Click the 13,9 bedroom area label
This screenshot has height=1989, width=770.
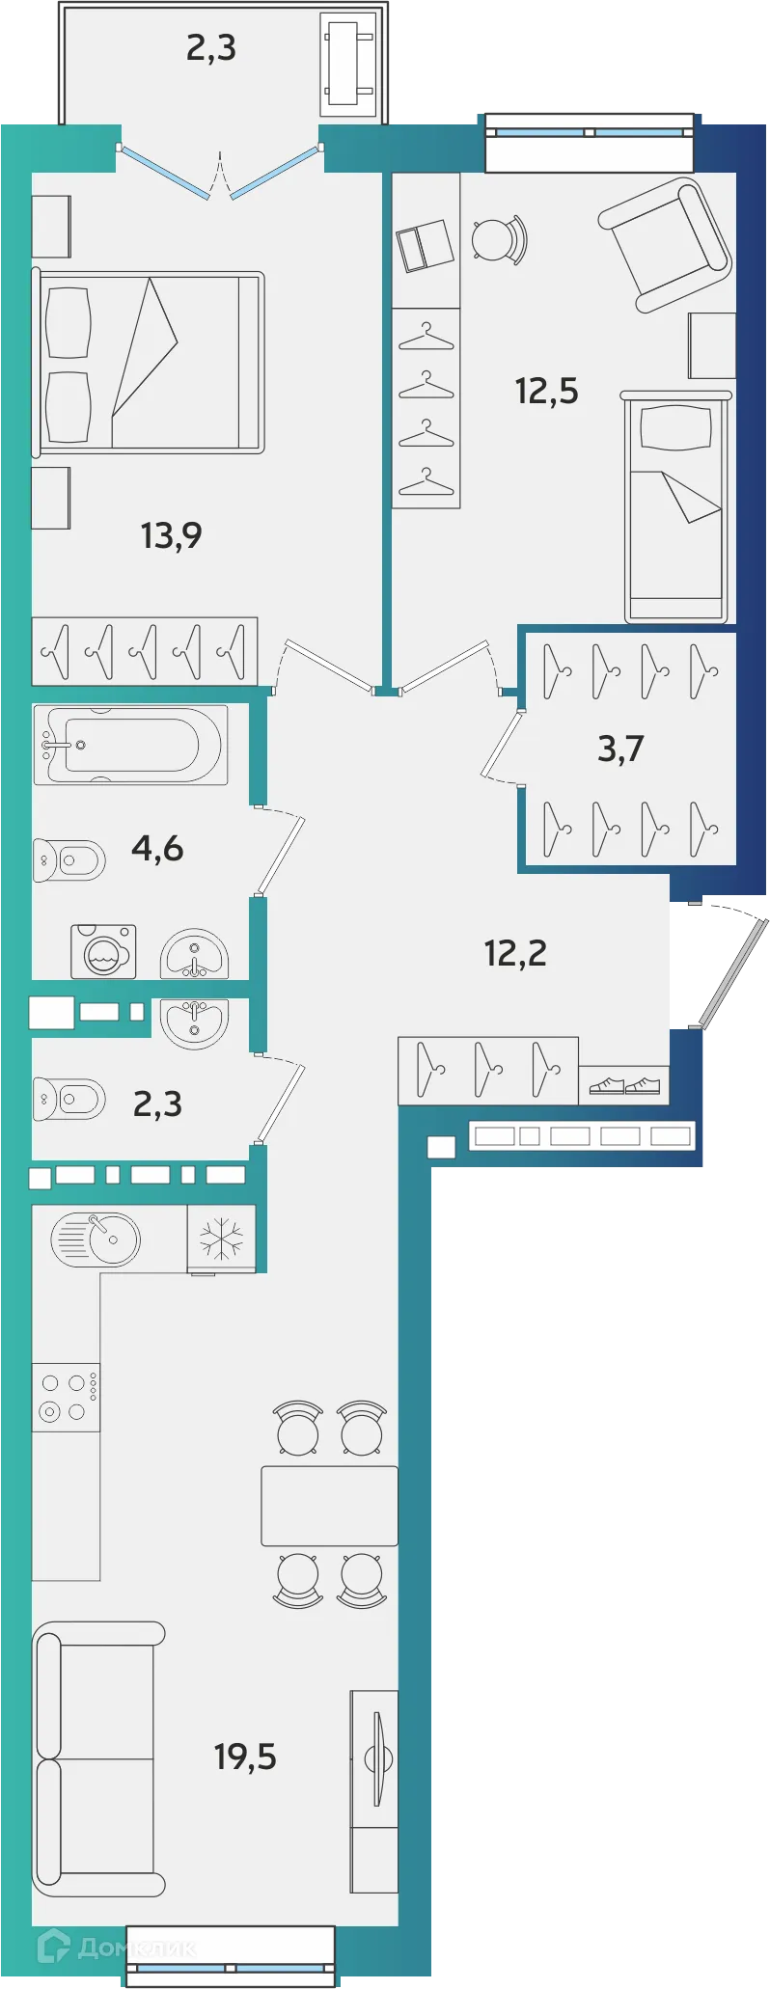coord(171,535)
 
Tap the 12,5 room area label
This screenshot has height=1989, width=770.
coord(546,392)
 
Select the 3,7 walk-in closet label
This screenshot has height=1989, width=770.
coord(620,749)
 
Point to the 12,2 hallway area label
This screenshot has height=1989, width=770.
coord(515,954)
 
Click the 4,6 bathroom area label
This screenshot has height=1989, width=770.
coord(157,849)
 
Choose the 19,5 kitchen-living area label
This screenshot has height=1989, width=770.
coord(245,1757)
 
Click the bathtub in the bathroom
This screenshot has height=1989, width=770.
coord(131,745)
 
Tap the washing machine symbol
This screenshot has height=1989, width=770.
coord(103,952)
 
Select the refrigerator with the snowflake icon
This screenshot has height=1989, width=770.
coord(222,1239)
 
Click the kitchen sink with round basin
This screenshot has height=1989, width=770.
coord(96,1239)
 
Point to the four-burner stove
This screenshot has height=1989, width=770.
coord(66,1397)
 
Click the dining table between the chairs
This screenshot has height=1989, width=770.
coord(330,1506)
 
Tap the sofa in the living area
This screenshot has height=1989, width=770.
coord(98,1758)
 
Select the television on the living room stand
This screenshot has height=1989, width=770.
coord(378,1757)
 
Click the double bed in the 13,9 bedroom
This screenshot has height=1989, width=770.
coord(149,363)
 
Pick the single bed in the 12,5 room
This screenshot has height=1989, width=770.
coord(675,507)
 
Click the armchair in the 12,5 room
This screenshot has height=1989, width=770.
coord(665,245)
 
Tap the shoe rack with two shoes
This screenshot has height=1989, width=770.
coord(624,1085)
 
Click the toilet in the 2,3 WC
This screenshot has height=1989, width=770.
coord(69,1099)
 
